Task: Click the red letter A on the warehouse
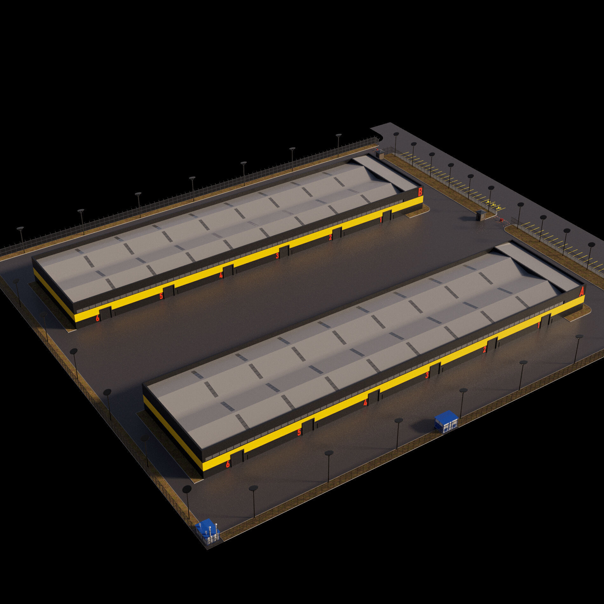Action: point(581,292)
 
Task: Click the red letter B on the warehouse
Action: point(420,192)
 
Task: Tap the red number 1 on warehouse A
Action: point(539,325)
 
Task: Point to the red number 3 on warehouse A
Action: point(427,375)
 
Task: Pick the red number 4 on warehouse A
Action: point(365,403)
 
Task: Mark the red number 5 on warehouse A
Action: point(299,432)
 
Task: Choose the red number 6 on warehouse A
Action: point(228,464)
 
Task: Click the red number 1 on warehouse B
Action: point(381,220)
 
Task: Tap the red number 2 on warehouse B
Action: point(330,237)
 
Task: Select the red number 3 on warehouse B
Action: point(277,256)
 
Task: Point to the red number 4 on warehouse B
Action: point(221,275)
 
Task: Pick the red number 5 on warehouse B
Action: point(161,296)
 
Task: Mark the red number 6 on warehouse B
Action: point(98,318)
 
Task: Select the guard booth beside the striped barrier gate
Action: point(481,215)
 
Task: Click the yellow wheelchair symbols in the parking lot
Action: point(494,206)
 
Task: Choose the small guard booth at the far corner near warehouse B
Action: point(380,154)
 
